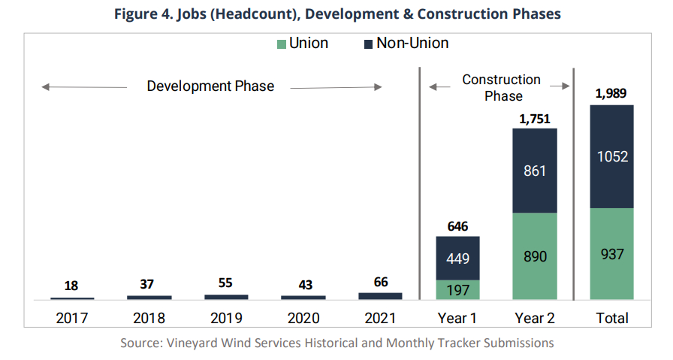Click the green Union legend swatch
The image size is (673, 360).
[x=282, y=44]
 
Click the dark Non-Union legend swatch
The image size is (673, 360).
[x=368, y=44]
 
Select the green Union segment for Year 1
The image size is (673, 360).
[x=457, y=290]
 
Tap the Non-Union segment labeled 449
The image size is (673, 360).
[x=457, y=259]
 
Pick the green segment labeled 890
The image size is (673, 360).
[x=534, y=256]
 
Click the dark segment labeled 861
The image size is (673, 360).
[x=534, y=171]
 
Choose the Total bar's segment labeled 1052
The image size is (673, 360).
[x=612, y=156]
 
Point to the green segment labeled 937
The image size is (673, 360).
[x=612, y=254]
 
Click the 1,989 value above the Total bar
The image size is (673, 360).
[x=611, y=94]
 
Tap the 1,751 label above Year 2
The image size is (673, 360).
[x=534, y=118]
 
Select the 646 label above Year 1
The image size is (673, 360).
[x=457, y=225]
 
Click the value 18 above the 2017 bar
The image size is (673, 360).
[x=71, y=286]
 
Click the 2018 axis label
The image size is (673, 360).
[x=149, y=318]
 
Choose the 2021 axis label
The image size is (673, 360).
[x=380, y=318]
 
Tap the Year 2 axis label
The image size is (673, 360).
[x=534, y=318]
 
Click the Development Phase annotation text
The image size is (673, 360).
[x=210, y=86]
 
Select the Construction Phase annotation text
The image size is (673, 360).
[x=501, y=87]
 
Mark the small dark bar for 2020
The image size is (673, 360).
[x=303, y=298]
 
